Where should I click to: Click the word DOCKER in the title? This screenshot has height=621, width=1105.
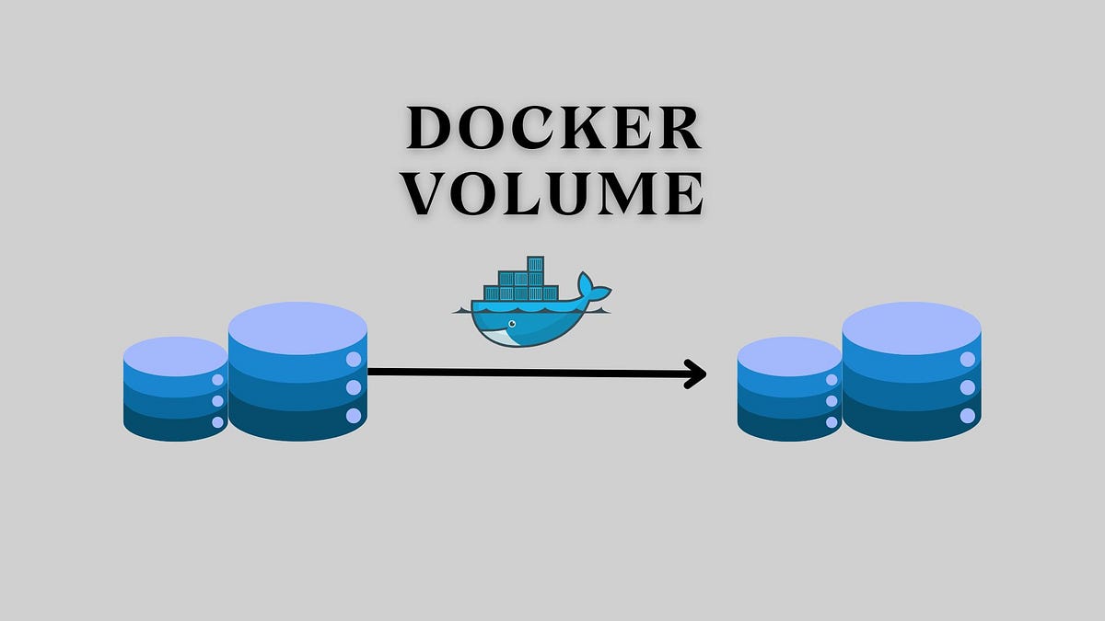(554, 129)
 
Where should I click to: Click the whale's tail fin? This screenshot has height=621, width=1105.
(594, 291)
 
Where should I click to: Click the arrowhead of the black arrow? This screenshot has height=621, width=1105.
(698, 373)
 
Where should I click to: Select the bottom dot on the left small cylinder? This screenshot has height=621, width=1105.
(218, 422)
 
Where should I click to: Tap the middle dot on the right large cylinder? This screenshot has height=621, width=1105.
(967, 387)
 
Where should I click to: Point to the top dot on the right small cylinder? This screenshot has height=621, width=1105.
(832, 380)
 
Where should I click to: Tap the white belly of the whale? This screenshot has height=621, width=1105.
(505, 339)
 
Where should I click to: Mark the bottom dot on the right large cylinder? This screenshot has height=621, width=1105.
(967, 416)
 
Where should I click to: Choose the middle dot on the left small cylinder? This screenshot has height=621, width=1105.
(218, 401)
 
